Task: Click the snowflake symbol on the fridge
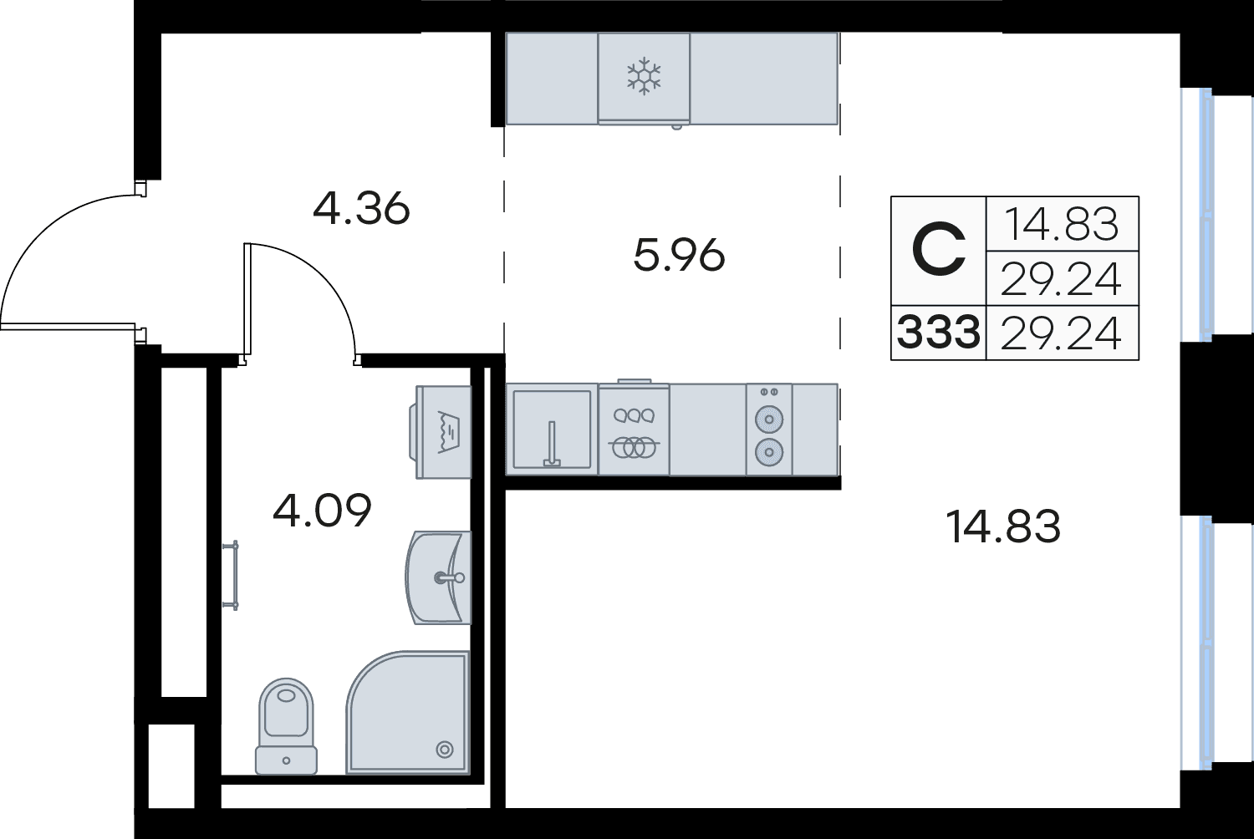point(644,75)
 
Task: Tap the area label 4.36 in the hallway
point(361,209)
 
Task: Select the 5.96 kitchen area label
point(679,255)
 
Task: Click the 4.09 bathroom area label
point(322,510)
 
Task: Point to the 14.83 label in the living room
point(1003,526)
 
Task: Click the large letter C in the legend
point(939,250)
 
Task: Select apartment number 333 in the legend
point(939,332)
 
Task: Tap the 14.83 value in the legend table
point(1062,224)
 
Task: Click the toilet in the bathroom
point(286,726)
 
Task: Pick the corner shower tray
point(408,713)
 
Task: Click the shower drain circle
point(445,750)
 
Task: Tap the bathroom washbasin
point(438,577)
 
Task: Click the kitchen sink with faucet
point(552,430)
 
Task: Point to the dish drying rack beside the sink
point(635,430)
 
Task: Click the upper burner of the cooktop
point(769,419)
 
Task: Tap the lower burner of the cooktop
point(769,452)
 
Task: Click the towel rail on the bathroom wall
point(231,575)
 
